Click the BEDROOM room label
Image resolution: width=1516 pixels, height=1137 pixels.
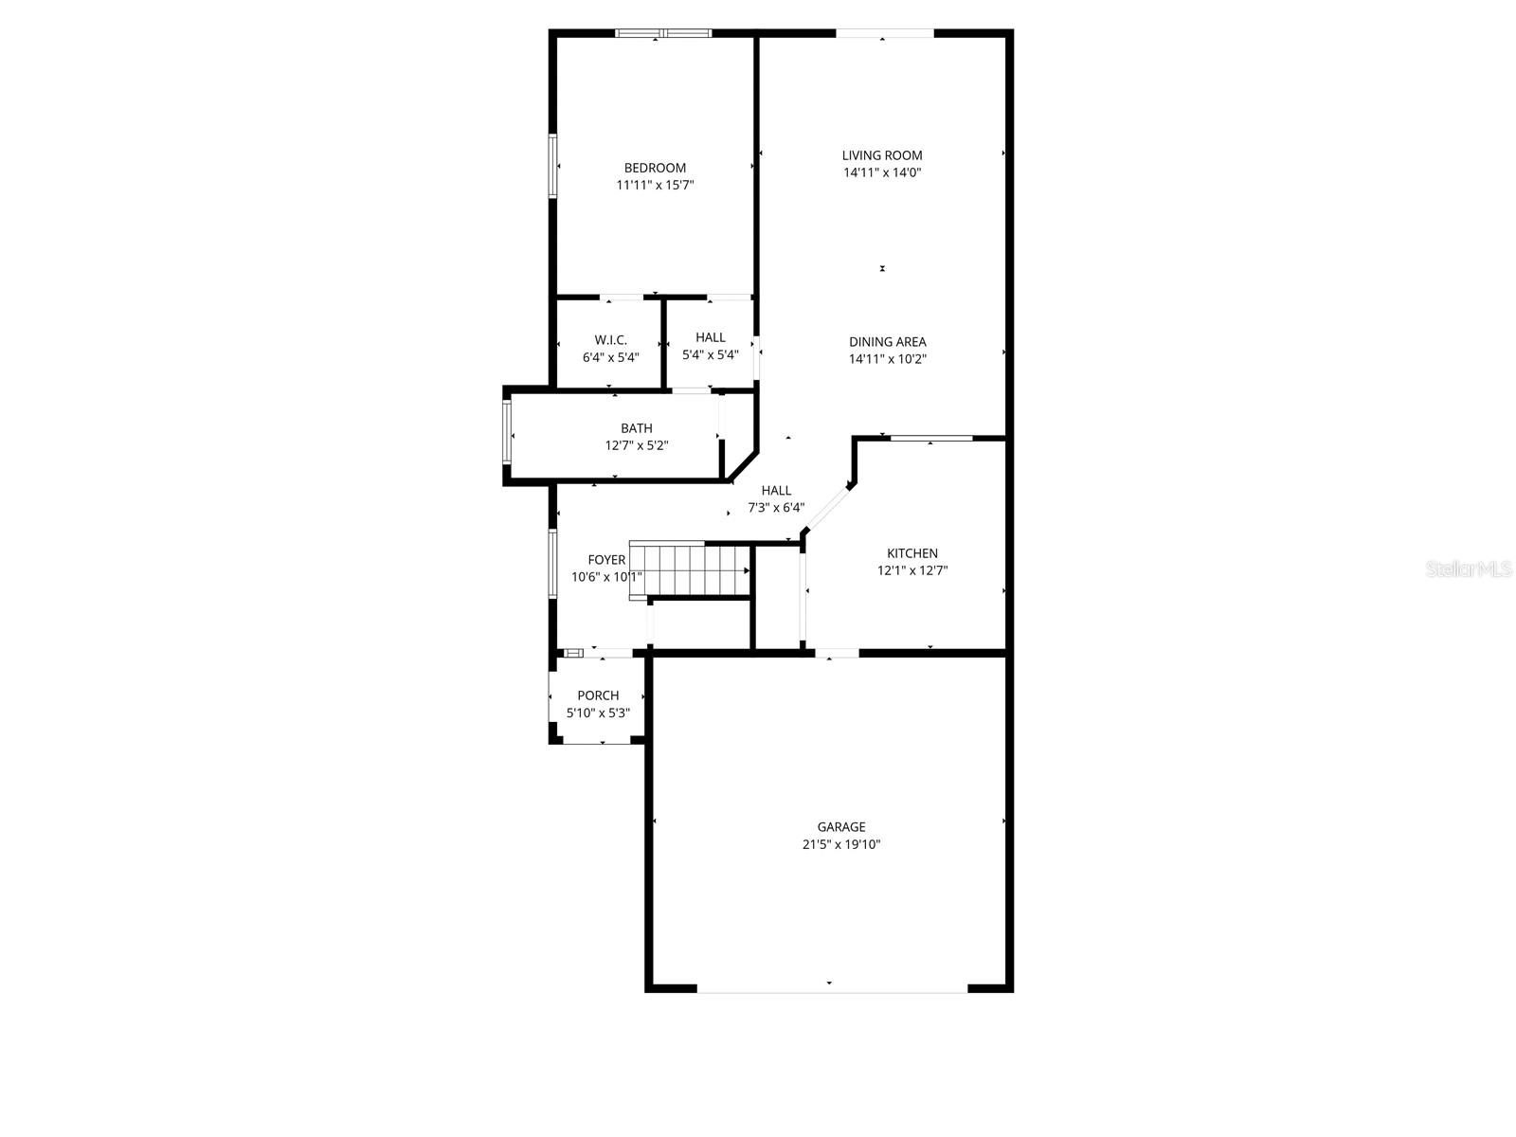pos(655,168)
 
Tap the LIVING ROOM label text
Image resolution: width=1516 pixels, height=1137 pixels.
pos(882,155)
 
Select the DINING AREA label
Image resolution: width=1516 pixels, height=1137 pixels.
pos(887,342)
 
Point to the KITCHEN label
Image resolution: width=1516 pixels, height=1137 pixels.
pos(911,553)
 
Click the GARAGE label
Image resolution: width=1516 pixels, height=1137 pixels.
pos(841,827)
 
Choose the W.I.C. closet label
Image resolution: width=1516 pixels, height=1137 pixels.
pos(610,340)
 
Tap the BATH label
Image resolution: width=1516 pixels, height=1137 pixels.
pos(637,428)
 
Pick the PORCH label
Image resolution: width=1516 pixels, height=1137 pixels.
pos(598,695)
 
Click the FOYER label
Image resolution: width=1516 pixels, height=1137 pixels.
pos(606,560)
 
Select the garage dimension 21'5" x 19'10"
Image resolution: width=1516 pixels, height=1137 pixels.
pos(841,844)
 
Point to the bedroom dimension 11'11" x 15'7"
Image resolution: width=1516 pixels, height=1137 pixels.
pos(655,185)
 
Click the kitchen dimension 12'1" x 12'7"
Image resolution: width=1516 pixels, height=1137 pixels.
pos(911,570)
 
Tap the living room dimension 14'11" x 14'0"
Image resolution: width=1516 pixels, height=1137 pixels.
pos(882,172)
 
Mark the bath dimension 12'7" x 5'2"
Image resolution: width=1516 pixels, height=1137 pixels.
pos(637,445)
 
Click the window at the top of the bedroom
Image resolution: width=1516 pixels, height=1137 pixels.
pos(662,33)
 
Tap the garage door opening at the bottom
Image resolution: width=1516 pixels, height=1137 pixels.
pos(832,988)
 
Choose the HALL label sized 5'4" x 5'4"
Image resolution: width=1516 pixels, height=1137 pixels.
pos(710,337)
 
